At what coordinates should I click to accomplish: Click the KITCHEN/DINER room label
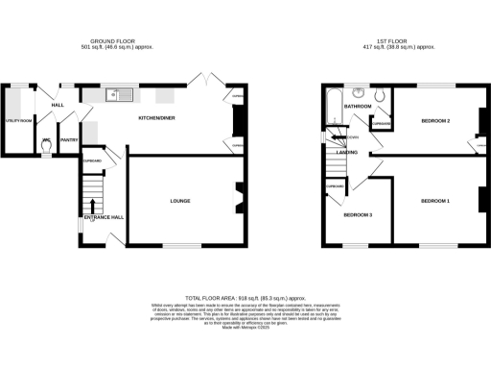157,116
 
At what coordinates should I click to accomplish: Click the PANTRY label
69,140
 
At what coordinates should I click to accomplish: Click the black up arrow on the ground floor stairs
92,204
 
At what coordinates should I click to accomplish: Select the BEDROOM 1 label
433,201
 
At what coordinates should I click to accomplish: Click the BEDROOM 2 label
435,121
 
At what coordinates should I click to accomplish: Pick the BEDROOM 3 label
358,214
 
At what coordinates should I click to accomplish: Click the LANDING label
346,151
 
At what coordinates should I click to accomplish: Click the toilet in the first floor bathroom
380,94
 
